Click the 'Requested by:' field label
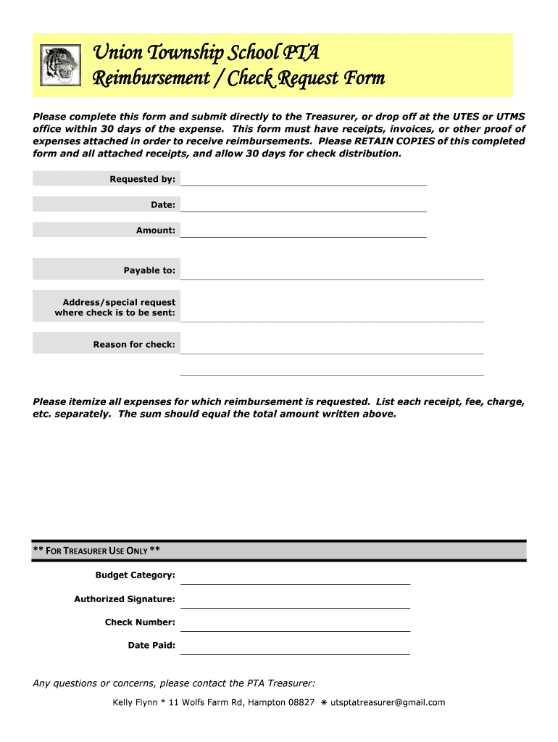click(142, 179)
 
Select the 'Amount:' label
click(155, 230)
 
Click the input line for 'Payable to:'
click(331, 271)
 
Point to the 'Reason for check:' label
click(134, 344)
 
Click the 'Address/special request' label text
click(119, 302)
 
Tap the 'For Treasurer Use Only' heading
click(97, 551)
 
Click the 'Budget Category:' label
click(135, 575)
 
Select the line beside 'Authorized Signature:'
click(294, 600)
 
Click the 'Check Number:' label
click(140, 622)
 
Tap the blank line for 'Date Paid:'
click(294, 646)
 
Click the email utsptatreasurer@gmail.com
click(388, 702)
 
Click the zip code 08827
click(301, 702)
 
